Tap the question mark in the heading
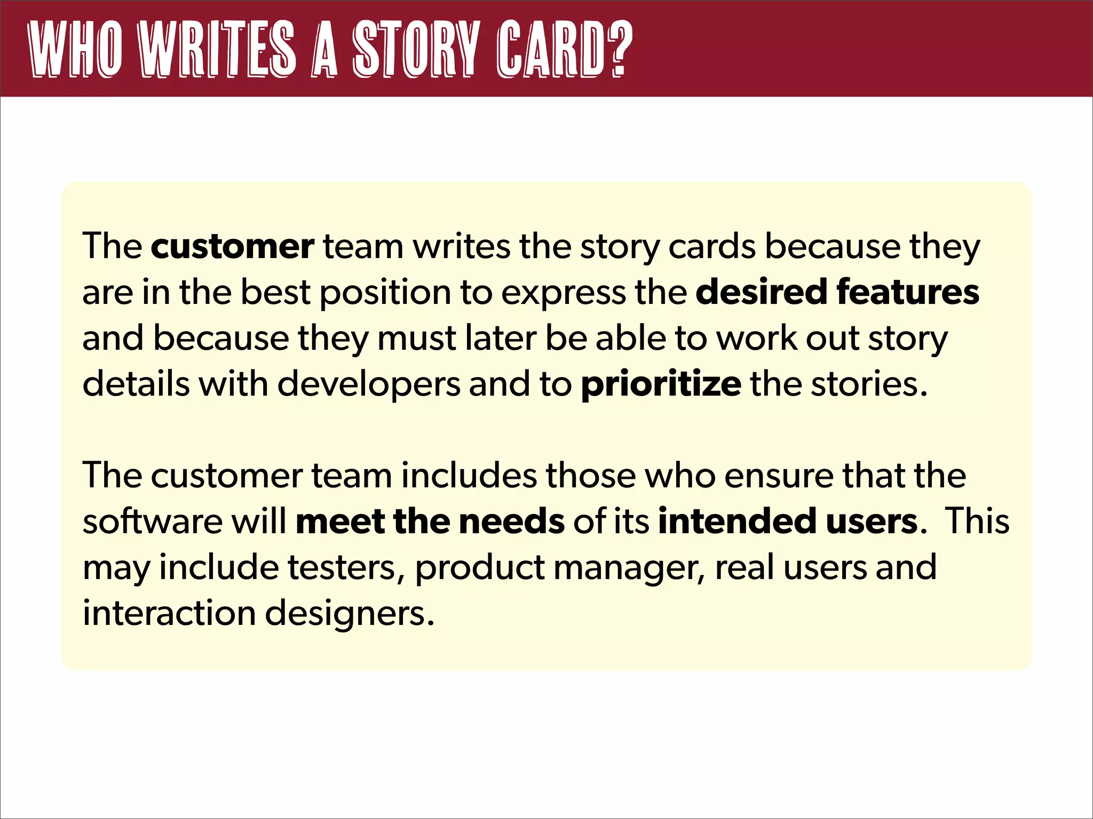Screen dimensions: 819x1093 click(x=619, y=49)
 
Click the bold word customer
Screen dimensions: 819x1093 click(x=232, y=247)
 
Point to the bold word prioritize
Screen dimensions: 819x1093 click(x=661, y=384)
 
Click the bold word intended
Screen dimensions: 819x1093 click(x=736, y=521)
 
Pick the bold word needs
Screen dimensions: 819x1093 click(x=511, y=521)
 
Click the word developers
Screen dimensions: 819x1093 click(x=368, y=384)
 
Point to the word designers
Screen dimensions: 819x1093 click(x=350, y=613)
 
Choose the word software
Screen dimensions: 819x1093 click(x=152, y=521)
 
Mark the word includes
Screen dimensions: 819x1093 click(x=469, y=476)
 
